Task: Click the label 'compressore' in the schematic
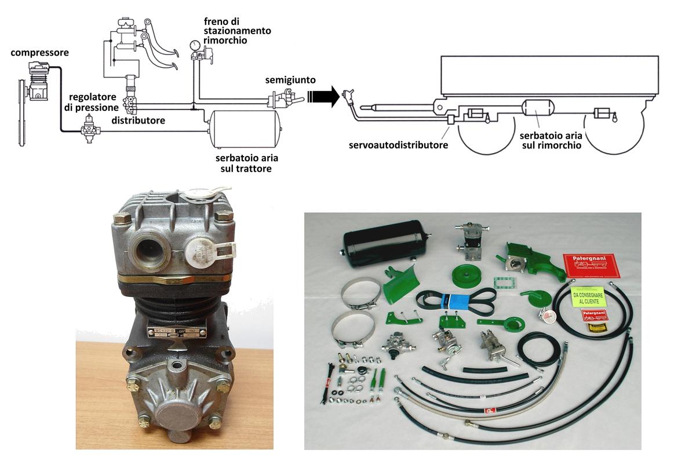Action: (39, 53)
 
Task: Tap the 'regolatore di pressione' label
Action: (93, 101)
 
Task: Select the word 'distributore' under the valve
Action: (138, 121)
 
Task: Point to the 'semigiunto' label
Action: (284, 79)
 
